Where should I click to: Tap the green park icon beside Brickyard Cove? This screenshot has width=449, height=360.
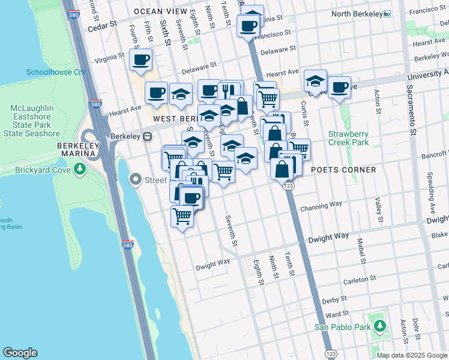tap(80, 169)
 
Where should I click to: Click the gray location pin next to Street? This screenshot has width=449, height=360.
tap(136, 179)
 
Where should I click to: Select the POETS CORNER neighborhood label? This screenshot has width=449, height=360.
tap(343, 170)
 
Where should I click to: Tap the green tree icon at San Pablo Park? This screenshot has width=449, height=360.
tap(379, 326)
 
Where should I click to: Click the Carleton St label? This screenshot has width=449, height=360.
tap(359, 279)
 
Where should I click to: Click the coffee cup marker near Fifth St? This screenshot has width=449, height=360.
tap(140, 59)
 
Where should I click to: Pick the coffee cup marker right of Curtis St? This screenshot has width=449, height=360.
tap(339, 87)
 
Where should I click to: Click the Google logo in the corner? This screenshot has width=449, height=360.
tap(20, 353)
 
